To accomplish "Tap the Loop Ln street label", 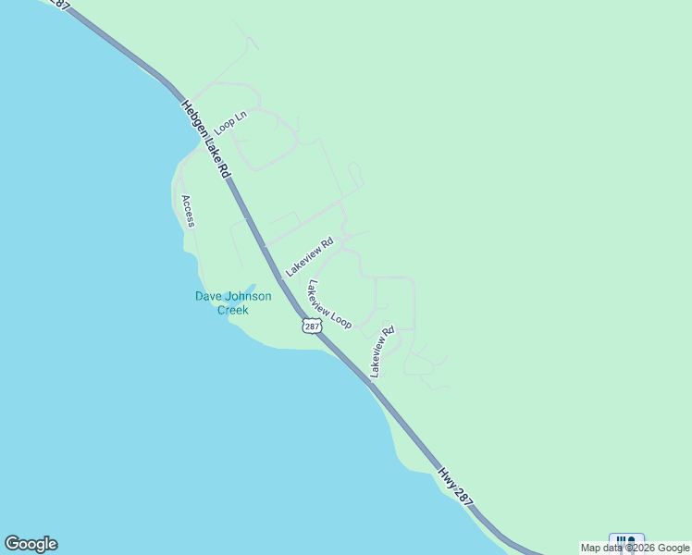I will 230,121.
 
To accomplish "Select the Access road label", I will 189,211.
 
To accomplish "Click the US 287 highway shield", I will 312,326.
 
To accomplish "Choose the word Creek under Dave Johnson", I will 233,310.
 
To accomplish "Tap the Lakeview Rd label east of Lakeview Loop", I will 382,351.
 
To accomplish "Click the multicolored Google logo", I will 31,544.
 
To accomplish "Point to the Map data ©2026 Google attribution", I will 635,548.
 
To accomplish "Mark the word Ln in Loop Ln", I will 242,115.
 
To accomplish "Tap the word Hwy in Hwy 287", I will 448,477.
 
